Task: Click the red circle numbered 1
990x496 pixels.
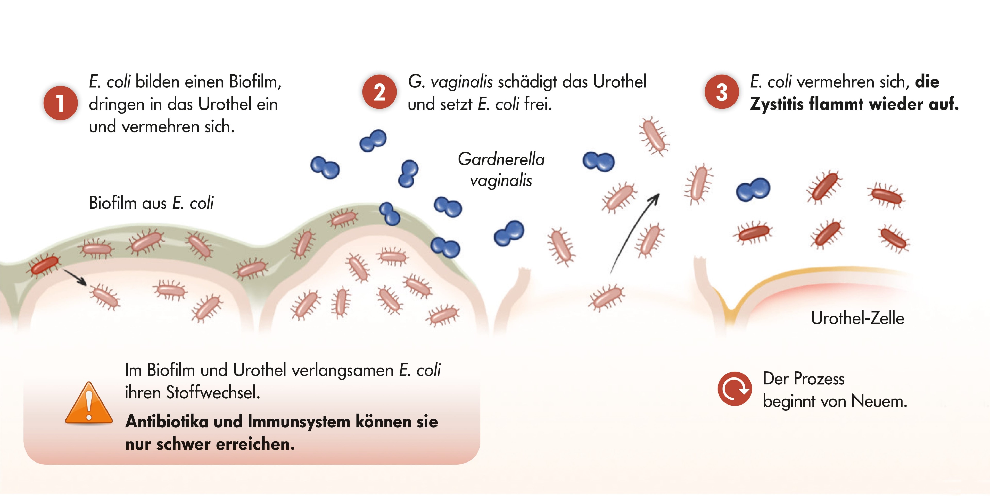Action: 60,103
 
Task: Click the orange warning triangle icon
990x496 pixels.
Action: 89,403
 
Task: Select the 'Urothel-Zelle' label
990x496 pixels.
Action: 857,318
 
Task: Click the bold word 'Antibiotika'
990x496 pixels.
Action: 167,422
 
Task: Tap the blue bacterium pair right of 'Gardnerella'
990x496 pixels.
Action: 598,161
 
